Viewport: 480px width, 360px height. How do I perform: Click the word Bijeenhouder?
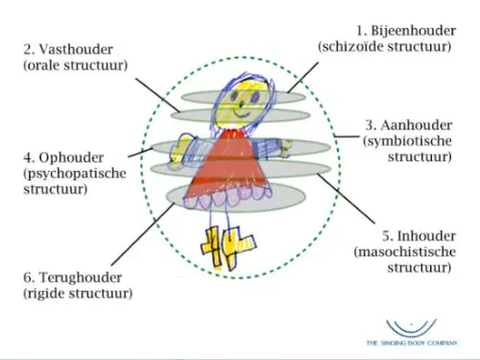coord(414,31)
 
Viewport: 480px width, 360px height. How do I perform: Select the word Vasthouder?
coord(76,50)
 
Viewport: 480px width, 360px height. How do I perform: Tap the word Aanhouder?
coord(417,125)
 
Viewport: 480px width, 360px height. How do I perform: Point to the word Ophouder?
coord(71,157)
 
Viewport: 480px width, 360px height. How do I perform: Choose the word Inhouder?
coord(426,236)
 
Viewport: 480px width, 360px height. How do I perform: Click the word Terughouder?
coord(81,277)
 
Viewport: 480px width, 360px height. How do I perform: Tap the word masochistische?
coord(405,252)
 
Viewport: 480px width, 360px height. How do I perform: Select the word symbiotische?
coord(407,141)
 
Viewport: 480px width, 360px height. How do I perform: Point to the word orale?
coord(43,65)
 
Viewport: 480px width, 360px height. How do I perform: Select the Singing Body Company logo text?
coord(412,343)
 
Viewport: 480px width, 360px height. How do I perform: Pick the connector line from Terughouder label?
coord(143,234)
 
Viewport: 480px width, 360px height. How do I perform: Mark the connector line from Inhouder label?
coord(346,198)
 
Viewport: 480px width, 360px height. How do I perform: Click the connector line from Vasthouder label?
coord(158,95)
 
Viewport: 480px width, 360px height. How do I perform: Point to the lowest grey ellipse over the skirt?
coord(236,198)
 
